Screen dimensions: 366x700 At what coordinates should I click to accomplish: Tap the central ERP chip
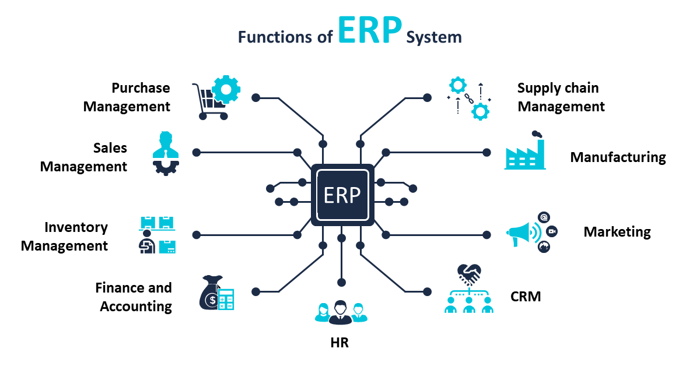pos(342,195)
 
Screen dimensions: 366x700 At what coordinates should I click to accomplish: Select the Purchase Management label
pos(127,97)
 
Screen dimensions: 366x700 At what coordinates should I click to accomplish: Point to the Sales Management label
pos(83,157)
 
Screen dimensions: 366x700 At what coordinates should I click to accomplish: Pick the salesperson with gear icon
pos(166,153)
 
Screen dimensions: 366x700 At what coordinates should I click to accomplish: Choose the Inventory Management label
pos(64,237)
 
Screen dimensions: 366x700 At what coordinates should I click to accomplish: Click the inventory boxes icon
pos(157,235)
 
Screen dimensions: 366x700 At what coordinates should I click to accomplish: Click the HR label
pos(339,343)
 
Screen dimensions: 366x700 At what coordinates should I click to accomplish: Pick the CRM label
pos(526,297)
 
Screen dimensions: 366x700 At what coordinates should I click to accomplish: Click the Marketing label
pos(617,232)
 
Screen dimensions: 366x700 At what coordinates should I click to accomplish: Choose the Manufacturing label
pos(618,157)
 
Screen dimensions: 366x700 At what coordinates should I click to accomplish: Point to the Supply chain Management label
pos(561,97)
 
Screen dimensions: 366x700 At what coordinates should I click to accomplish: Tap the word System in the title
pos(434,37)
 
